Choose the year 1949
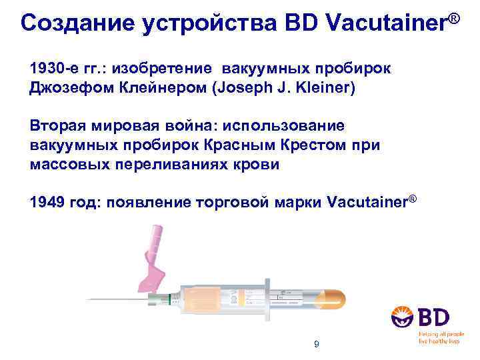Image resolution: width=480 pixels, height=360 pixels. coord(47,201)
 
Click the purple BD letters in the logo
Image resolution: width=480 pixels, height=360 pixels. coord(434,317)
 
